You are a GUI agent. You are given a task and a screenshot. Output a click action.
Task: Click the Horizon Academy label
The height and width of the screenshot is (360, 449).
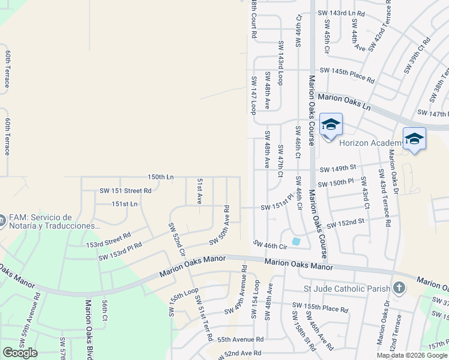tap(372, 143)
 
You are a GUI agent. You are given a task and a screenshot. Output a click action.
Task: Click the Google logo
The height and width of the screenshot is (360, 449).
tap(20, 353)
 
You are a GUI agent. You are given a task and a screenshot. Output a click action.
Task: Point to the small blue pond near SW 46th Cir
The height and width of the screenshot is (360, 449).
tap(296, 241)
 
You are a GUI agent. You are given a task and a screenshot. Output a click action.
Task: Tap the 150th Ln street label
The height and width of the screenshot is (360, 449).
tap(161, 177)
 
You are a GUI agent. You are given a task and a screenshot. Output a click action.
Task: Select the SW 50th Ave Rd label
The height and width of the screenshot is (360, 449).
tap(220, 226)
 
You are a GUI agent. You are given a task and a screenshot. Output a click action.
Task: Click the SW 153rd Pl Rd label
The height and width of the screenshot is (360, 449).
tap(120, 251)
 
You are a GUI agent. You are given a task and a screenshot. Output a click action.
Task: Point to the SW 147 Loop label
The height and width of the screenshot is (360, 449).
tap(254, 95)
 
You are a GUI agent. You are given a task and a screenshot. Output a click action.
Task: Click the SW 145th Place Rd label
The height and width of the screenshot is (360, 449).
tap(347, 75)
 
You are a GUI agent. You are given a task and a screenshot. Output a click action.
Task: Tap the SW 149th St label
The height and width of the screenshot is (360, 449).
tap(338, 169)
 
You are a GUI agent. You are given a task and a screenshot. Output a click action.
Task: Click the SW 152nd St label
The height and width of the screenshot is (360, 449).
tap(345, 223)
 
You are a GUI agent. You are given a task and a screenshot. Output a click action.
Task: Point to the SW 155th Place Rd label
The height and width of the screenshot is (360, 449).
tap(320, 308)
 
